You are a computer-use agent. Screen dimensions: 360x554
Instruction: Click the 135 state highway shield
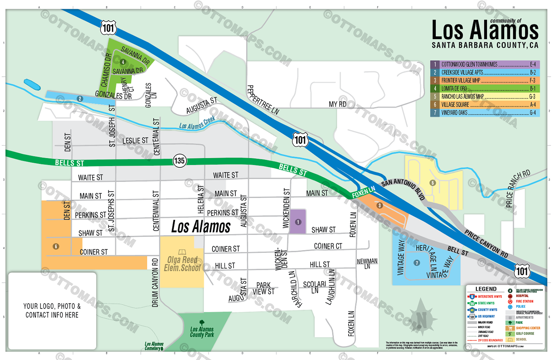(179, 161)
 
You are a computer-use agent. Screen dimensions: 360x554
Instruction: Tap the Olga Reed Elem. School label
(182, 264)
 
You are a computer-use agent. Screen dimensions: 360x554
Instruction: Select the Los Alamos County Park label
(202, 332)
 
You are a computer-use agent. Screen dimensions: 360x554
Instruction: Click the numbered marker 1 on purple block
(298, 222)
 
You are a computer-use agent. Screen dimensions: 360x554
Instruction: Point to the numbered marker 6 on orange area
(56, 246)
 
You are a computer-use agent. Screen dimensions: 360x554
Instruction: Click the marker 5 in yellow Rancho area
(433, 183)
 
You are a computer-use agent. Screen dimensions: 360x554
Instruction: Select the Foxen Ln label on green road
(363, 192)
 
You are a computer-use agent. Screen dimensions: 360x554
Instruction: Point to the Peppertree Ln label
(263, 100)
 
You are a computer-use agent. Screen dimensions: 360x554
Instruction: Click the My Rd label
(338, 104)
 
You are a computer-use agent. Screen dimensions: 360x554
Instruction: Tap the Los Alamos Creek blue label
(197, 123)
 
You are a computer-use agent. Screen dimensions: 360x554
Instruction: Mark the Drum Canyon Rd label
(155, 282)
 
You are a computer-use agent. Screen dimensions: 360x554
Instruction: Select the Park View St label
(264, 288)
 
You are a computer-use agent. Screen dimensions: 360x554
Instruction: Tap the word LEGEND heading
(486, 289)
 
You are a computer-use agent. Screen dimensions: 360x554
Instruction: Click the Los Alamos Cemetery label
(154, 346)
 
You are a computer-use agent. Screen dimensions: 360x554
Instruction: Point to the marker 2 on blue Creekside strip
(80, 99)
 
